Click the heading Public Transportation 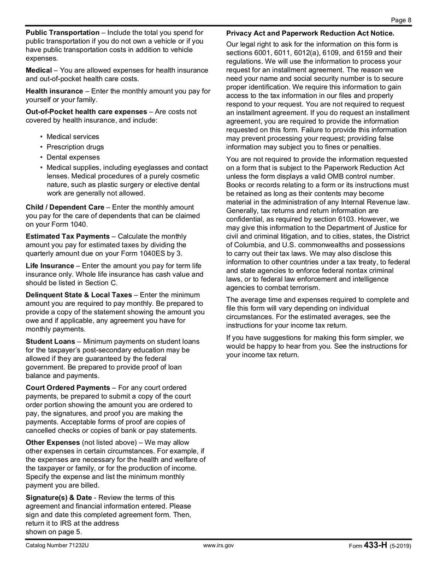click(63, 33)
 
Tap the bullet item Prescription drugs click(75, 147)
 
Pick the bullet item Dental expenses click(73, 157)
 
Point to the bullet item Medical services click(73, 136)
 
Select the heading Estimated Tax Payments click(68, 236)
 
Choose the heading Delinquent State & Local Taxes click(79, 294)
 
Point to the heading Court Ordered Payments click(68, 388)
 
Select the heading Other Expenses click(53, 442)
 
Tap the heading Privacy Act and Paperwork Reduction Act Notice click(310, 33)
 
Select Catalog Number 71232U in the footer click(57, 545)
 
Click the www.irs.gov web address click(218, 545)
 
